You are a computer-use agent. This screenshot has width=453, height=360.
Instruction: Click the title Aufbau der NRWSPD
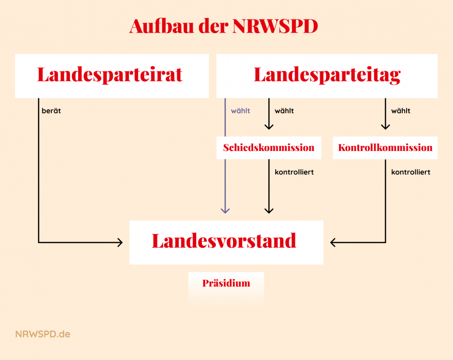coord(223,26)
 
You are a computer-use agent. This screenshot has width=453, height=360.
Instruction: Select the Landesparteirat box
coord(112,76)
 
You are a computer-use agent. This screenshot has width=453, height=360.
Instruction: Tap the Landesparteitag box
coord(327,76)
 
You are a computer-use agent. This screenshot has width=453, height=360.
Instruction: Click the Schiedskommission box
coord(269,148)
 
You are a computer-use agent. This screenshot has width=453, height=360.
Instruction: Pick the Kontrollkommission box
coord(385,148)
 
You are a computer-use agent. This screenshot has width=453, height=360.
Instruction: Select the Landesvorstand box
coord(226,242)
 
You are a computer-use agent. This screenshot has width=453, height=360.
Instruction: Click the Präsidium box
coord(226,288)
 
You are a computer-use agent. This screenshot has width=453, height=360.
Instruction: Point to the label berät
coord(51,111)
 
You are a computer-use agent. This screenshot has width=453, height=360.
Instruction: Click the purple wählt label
coord(241,111)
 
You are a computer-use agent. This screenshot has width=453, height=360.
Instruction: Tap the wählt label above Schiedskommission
coord(284,111)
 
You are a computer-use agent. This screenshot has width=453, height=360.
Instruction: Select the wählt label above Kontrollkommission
coord(401,111)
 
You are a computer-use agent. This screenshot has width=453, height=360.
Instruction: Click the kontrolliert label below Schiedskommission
coord(294,172)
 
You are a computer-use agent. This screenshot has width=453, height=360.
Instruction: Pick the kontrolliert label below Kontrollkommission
coord(411,172)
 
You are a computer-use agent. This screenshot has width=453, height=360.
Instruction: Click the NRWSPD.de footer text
coord(43,334)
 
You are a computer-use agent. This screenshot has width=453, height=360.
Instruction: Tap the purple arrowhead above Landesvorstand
coord(225,211)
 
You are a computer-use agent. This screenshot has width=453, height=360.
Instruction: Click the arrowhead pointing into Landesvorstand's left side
coord(120,242)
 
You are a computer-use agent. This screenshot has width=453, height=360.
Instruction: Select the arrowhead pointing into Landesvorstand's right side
coord(333,242)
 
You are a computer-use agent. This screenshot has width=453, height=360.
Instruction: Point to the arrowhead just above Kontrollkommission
coord(386,126)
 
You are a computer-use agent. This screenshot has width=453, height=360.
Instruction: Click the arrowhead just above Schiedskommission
coord(269,126)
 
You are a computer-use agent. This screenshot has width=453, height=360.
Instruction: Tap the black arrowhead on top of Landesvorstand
coord(269,211)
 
